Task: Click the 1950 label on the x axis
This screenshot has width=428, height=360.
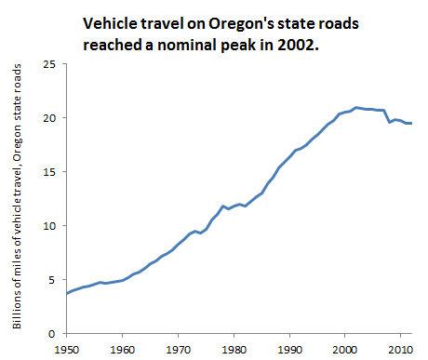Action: (x=67, y=350)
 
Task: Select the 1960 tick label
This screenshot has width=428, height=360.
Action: (x=123, y=350)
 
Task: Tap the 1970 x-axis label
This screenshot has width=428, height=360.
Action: (x=179, y=350)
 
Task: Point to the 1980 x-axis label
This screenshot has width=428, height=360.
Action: (x=234, y=350)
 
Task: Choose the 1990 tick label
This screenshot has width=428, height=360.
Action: (x=289, y=350)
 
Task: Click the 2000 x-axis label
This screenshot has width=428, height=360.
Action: (x=345, y=350)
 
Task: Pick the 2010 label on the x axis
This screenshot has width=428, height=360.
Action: (x=401, y=350)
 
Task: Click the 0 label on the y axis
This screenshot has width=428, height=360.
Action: (x=52, y=334)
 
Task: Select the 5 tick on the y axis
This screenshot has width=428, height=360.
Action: (x=52, y=280)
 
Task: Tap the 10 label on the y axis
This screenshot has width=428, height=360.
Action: (x=49, y=226)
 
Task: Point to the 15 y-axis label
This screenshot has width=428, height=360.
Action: (x=49, y=172)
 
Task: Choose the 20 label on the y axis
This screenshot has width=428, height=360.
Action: (x=49, y=118)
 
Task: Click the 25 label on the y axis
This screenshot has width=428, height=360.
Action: (x=49, y=64)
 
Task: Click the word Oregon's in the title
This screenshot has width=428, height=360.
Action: (x=241, y=24)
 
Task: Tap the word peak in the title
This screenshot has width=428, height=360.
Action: (x=238, y=46)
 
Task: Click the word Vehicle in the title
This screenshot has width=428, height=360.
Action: (x=111, y=23)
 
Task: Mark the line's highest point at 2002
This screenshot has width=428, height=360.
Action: (x=356, y=108)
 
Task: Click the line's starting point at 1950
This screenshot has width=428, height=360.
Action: (x=67, y=293)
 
